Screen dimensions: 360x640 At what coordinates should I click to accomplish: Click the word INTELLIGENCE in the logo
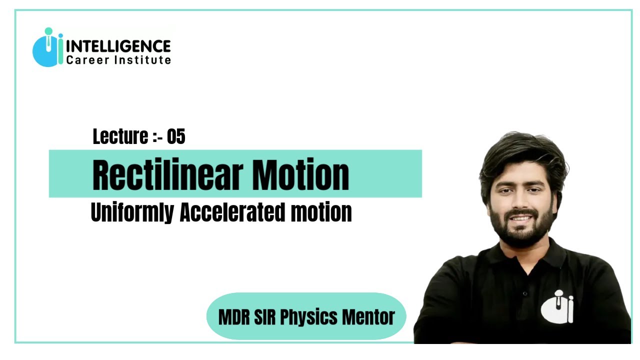point(118,47)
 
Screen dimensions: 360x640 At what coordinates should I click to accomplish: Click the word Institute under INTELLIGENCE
point(142,60)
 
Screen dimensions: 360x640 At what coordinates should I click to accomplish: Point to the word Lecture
point(120,136)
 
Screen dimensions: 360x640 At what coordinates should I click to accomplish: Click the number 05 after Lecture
point(176,136)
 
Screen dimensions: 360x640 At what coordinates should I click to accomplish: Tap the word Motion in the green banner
point(300,175)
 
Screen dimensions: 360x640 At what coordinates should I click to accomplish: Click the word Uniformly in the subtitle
point(132,212)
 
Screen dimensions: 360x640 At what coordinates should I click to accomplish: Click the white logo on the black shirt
point(557,306)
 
